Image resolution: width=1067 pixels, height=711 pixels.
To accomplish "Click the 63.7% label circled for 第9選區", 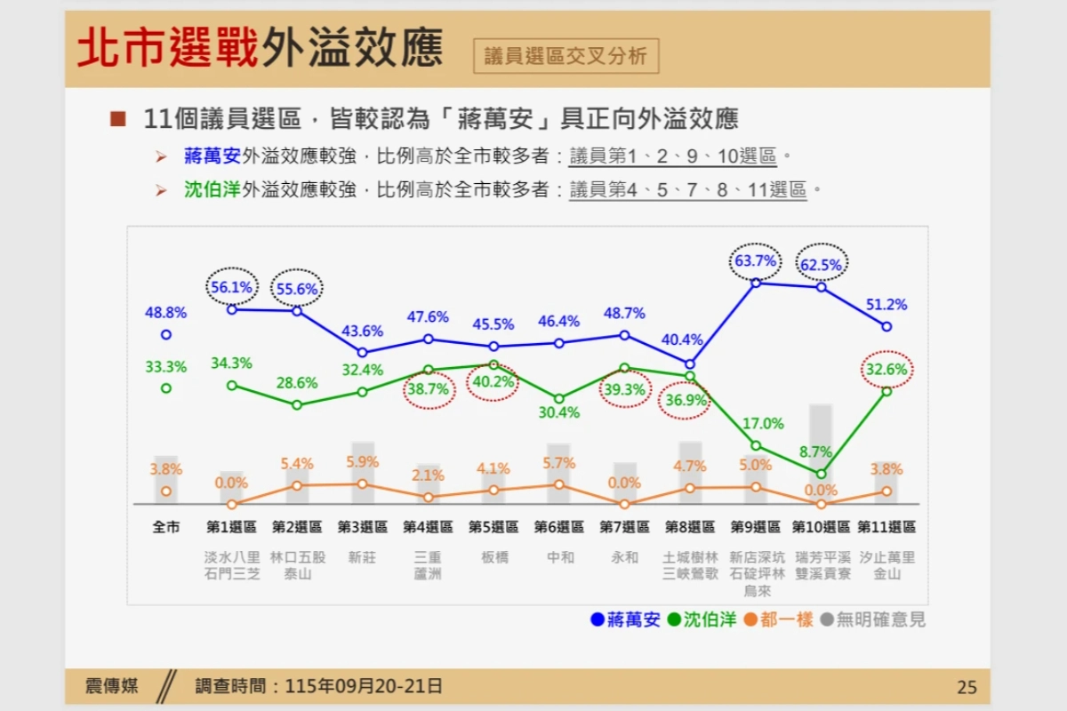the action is click(x=756, y=260).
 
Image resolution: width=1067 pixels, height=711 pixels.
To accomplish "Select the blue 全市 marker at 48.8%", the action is click(x=165, y=335).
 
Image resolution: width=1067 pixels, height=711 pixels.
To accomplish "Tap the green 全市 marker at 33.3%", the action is click(x=165, y=388).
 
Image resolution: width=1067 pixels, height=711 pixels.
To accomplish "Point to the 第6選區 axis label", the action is click(x=558, y=527).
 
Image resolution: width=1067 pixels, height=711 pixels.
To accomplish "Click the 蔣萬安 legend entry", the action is click(x=625, y=619).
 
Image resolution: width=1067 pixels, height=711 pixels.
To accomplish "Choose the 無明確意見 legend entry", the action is click(x=872, y=619).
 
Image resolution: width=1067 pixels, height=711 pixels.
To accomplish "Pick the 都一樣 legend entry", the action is click(x=778, y=619).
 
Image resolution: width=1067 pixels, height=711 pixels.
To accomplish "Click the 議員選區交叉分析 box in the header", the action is click(x=566, y=56).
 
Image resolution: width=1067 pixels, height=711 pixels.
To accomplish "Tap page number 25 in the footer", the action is click(x=967, y=687).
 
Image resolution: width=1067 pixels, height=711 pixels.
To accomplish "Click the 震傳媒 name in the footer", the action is click(x=111, y=686).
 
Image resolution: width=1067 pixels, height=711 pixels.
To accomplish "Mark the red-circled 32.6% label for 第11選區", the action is click(x=886, y=369).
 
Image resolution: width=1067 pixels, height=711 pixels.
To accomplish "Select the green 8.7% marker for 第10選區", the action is click(x=821, y=475).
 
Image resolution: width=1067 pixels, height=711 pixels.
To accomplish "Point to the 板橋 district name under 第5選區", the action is click(x=494, y=557).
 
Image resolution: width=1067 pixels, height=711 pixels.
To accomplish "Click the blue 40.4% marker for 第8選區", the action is click(x=690, y=364).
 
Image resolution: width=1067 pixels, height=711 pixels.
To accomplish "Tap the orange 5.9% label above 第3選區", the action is click(x=362, y=461).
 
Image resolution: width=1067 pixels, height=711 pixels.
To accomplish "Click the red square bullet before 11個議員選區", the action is click(x=118, y=119).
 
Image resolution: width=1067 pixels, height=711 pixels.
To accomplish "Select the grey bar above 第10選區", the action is click(x=821, y=454).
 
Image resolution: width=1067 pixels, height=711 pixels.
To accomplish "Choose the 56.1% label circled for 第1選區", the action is click(x=231, y=287).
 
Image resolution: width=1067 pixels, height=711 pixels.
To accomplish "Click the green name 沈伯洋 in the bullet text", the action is click(x=212, y=189).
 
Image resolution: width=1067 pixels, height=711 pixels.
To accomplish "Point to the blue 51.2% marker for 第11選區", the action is click(x=886, y=327).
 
